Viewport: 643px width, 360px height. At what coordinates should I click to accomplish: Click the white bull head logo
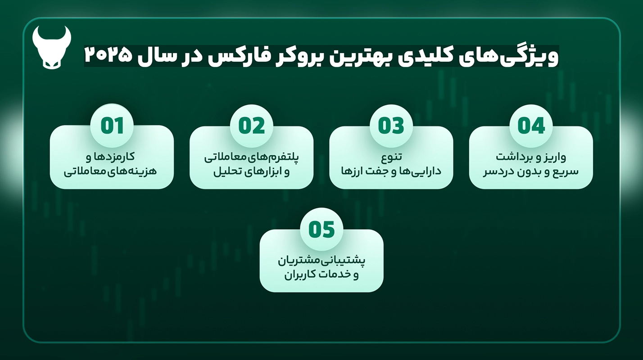(x=52, y=47)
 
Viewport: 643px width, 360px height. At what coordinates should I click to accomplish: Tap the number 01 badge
(x=112, y=126)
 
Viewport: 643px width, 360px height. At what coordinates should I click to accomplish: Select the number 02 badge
(x=252, y=126)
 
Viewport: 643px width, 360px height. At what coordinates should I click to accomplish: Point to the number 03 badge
(x=391, y=126)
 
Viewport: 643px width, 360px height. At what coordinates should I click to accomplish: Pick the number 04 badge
(x=531, y=126)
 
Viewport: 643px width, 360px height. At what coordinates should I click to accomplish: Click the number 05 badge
(x=321, y=229)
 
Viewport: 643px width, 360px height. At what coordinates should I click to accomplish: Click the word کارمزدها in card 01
(x=115, y=157)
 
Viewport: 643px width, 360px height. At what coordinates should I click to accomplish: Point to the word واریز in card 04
(x=555, y=157)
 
